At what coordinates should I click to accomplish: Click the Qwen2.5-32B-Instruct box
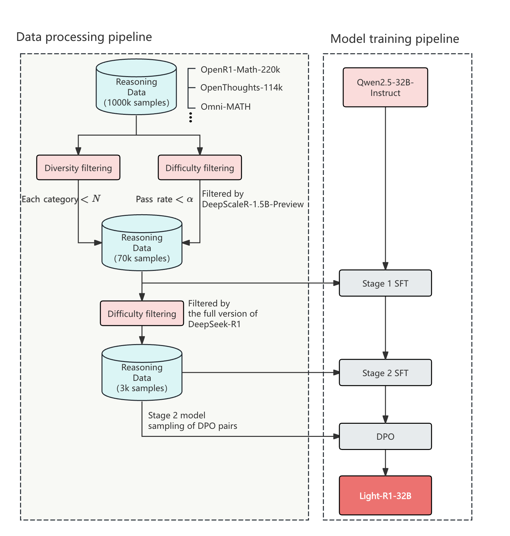click(385, 87)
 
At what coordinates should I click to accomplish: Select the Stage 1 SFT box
click(385, 283)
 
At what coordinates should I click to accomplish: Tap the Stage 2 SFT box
click(385, 373)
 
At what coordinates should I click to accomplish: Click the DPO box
click(385, 437)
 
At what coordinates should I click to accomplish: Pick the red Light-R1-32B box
click(385, 496)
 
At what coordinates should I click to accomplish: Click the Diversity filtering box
click(78, 168)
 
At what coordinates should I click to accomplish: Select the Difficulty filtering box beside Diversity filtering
click(200, 168)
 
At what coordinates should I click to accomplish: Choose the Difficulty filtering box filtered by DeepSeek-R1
click(142, 314)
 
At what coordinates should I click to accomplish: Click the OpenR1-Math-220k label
click(240, 70)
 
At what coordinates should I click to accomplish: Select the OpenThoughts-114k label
click(242, 88)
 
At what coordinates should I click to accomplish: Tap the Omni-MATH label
click(226, 107)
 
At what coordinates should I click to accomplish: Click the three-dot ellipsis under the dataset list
click(191, 117)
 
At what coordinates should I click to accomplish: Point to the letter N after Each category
click(96, 199)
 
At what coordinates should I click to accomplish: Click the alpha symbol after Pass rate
click(190, 200)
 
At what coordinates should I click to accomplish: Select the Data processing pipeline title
click(84, 37)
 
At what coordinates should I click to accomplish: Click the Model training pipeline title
click(394, 39)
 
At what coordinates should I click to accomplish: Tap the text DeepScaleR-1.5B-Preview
click(253, 204)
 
